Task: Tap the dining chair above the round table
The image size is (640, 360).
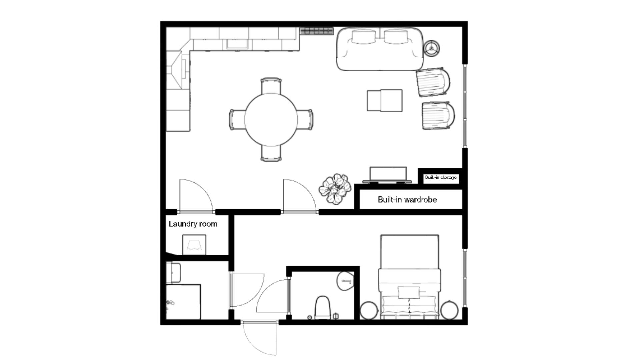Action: [x=271, y=86]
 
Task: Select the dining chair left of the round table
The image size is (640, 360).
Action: [x=237, y=119]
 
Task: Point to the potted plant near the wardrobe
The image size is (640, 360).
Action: [x=335, y=189]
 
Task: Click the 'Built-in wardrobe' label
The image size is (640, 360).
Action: [x=407, y=200]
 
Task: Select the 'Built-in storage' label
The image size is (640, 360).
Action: [x=441, y=177]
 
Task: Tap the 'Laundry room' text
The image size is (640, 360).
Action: [x=193, y=224]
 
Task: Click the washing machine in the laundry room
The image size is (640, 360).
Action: [x=194, y=245]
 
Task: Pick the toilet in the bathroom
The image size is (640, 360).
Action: [x=322, y=307]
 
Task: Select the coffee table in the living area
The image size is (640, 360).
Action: [x=385, y=100]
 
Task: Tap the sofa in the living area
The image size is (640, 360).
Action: [x=380, y=49]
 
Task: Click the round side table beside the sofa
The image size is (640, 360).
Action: [x=432, y=48]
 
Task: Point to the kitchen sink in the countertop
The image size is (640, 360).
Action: [x=238, y=44]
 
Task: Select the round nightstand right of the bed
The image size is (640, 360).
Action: [x=449, y=310]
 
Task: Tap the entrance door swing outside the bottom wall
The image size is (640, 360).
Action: [x=260, y=338]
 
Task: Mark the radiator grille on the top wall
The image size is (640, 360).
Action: [x=317, y=31]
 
